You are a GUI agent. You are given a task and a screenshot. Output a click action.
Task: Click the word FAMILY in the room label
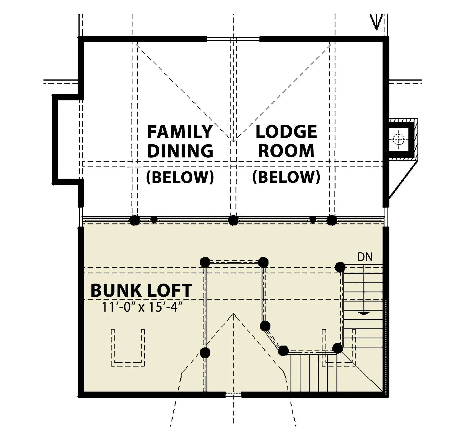click(x=180, y=132)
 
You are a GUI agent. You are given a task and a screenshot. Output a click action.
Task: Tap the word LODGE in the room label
click(x=286, y=132)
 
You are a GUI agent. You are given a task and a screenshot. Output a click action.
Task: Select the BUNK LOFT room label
click(x=141, y=290)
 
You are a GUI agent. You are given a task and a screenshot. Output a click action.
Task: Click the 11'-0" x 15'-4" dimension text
click(x=143, y=307)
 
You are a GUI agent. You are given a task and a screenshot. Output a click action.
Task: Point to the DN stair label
click(x=365, y=257)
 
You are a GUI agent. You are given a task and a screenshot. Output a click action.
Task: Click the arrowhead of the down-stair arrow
click(x=363, y=313)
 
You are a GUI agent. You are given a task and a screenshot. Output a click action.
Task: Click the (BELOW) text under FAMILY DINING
click(x=180, y=177)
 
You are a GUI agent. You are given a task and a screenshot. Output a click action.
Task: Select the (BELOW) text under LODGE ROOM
click(x=286, y=177)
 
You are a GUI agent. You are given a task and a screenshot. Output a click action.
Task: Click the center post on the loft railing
click(x=233, y=220)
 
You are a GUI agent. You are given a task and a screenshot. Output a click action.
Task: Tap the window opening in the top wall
click(x=233, y=39)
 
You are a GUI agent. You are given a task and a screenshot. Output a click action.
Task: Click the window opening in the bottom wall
click(x=233, y=395)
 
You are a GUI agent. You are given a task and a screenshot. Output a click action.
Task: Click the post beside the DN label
click(x=340, y=267)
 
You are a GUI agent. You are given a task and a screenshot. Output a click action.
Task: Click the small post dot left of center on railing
click(x=153, y=220)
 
